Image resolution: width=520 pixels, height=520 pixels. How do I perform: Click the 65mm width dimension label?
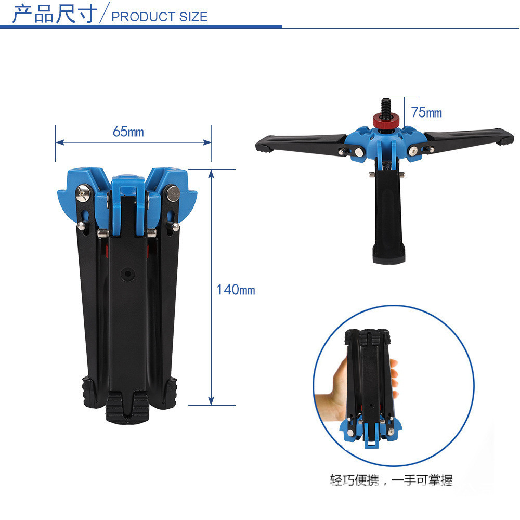click(x=128, y=132)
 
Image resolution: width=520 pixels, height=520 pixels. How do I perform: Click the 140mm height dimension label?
click(x=236, y=290)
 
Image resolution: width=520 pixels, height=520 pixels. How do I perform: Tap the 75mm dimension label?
click(x=426, y=112)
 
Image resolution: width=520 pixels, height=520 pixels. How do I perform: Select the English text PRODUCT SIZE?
click(x=160, y=17)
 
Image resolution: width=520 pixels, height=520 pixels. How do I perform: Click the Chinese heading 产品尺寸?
click(x=55, y=14)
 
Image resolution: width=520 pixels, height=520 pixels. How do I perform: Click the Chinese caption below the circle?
click(x=392, y=479)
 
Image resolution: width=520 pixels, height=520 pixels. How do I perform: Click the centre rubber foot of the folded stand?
click(x=127, y=407)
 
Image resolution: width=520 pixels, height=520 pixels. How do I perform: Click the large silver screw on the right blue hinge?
click(x=173, y=193)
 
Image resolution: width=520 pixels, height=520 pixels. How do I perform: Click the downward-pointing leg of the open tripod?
click(x=387, y=218)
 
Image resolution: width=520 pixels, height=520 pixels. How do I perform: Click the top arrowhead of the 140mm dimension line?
click(x=211, y=174)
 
